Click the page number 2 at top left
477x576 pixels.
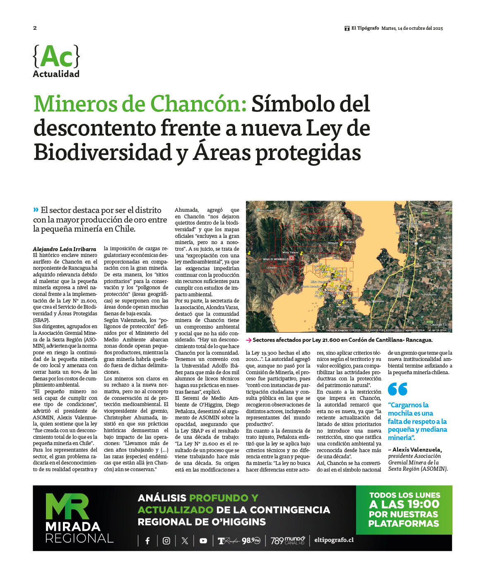tap(35, 28)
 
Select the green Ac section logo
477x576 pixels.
tap(56, 57)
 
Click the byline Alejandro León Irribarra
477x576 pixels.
tap(64, 249)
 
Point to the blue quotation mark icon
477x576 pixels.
tap(397, 389)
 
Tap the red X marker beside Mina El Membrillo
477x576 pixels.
tap(291, 258)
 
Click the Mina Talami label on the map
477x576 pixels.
tap(290, 252)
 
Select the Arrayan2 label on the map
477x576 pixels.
tap(349, 242)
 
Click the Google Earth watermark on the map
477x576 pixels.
tap(439, 324)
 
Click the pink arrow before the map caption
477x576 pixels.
tap(248, 340)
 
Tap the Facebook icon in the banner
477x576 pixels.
tap(147, 541)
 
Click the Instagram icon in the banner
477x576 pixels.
tap(166, 541)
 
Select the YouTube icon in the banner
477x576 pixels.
tap(203, 541)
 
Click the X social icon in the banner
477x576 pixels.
tap(185, 541)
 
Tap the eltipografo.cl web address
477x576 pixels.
tap(334, 540)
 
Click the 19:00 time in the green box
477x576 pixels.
tap(422, 504)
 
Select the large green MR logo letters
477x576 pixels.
tap(67, 506)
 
